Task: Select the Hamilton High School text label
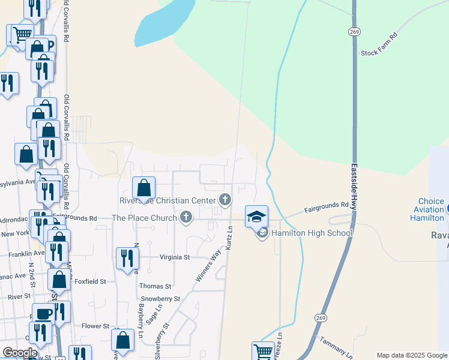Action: (312, 233)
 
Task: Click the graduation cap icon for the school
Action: (256, 216)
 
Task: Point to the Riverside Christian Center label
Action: (167, 200)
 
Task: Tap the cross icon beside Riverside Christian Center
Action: (225, 200)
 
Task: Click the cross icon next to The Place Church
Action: (186, 218)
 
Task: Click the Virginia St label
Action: (174, 257)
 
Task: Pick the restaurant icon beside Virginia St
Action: (127, 259)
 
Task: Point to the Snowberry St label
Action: (160, 298)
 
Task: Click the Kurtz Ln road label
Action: (229, 236)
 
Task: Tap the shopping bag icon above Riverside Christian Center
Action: (144, 188)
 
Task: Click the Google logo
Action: (20, 353)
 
